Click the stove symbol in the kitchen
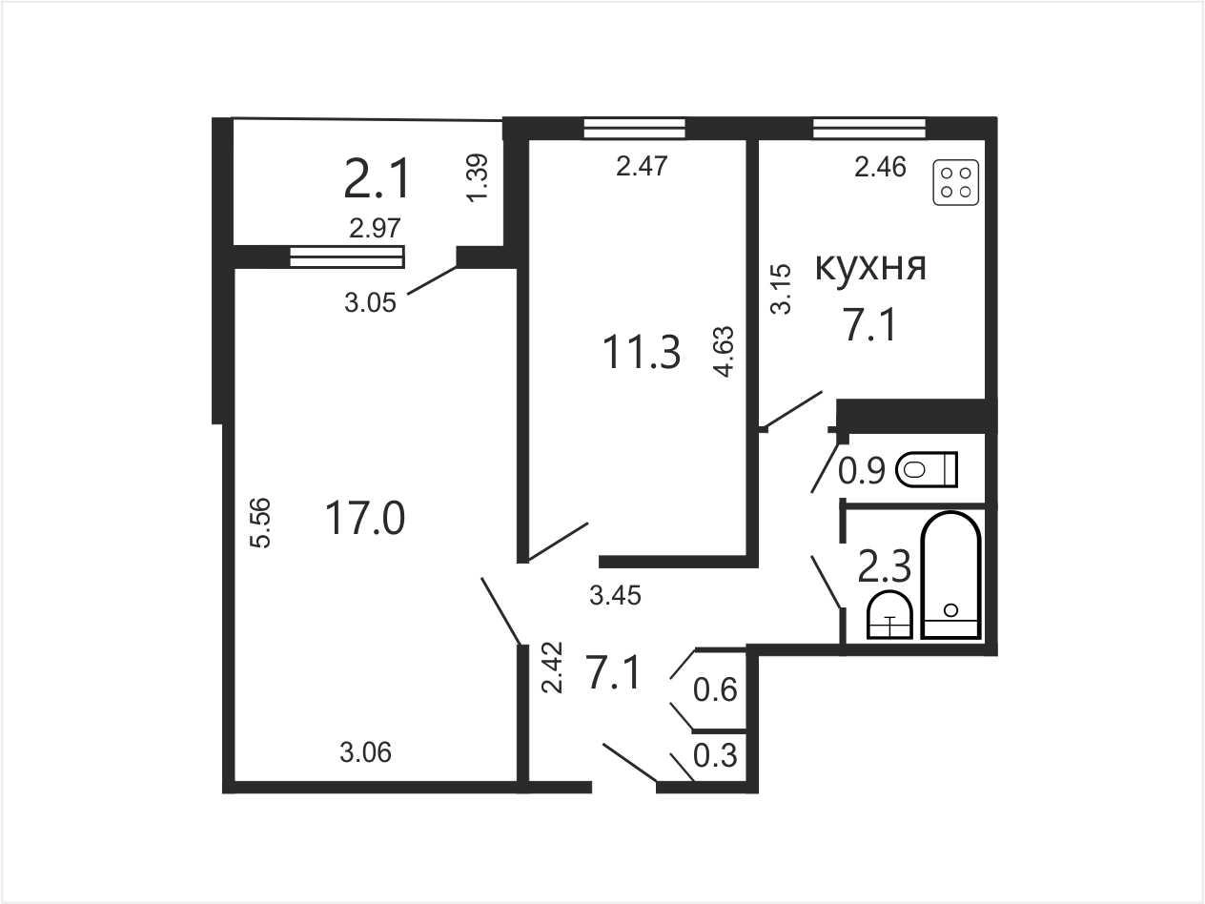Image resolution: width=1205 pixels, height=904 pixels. pos(956,182)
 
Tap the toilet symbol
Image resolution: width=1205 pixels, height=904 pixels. pos(927,469)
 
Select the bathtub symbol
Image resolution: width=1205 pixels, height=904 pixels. pos(951,575)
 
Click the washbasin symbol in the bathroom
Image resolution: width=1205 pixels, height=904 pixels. pos(889,615)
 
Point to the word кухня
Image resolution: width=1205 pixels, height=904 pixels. pos(870,267)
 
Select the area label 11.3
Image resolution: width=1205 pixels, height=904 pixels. pos(642,352)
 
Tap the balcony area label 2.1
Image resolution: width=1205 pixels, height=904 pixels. pos(377,177)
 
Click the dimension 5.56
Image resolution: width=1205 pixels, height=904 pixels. pos(261,522)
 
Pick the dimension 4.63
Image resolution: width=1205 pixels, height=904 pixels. pos(724,352)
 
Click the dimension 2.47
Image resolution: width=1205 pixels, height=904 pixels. pos(642,166)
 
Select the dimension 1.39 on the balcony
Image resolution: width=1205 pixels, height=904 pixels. pos(477,178)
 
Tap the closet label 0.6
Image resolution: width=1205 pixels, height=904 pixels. pos(715,689)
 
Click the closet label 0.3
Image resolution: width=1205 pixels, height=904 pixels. pos(715,755)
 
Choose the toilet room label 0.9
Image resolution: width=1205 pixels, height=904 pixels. pos(862,471)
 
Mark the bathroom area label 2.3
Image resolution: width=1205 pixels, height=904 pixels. pos(884,566)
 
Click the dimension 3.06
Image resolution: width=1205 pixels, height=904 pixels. pos(366,752)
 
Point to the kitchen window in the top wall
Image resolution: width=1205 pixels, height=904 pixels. pos(869,128)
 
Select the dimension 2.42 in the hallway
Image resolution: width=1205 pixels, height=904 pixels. pos(553,668)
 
